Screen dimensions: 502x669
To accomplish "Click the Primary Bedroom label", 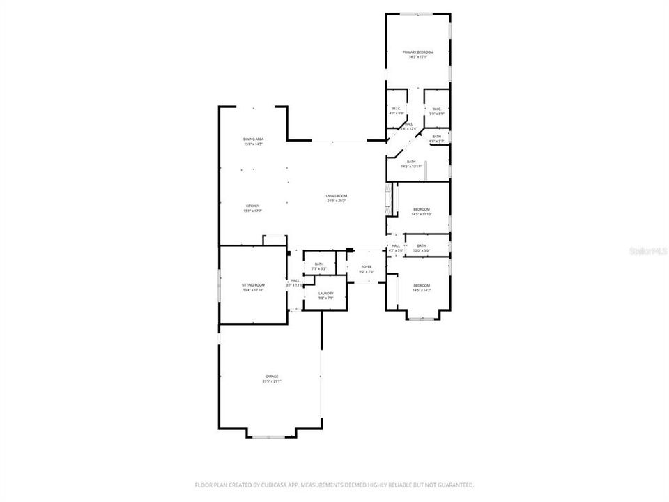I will pos(418,52).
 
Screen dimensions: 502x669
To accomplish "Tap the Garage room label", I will pos(271,376).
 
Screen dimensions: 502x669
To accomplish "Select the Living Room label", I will pos(337,196).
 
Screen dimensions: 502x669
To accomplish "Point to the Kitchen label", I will pos(252,206).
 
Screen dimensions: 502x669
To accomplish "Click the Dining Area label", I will pos(253,139).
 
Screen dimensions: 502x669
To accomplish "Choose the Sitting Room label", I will pos(253,285).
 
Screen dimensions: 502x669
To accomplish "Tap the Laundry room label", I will pos(326,294).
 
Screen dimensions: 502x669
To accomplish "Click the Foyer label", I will pos(366,267).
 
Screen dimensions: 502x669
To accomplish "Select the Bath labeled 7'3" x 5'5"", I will pos(319,264).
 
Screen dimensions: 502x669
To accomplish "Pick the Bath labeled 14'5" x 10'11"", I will pos(411,162).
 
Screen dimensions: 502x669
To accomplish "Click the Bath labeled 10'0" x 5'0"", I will pos(422,245).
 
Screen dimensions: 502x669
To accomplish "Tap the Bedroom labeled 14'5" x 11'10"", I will pos(421,209).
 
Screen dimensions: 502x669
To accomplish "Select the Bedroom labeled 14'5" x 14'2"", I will pos(421,286).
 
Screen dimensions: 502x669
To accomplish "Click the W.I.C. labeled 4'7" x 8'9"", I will pos(396,109).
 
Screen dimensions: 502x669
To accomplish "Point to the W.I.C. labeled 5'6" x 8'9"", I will pos(436,109).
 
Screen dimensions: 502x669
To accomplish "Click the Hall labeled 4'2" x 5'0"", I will pos(396,245).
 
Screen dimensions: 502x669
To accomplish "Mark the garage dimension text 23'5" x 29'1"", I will pos(271,381).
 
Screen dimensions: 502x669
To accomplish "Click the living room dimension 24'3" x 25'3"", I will pos(337,201).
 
